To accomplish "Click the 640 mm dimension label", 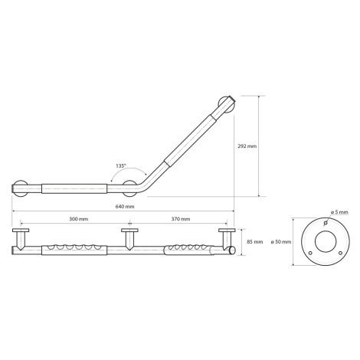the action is pyautogui.click(x=125, y=207).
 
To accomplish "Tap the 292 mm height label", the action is pyautogui.click(x=247, y=146).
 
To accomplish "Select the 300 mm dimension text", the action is pyautogui.click(x=79, y=219).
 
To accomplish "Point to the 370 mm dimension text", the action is pyautogui.click(x=181, y=219).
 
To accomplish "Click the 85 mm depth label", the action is pyautogui.click(x=255, y=242).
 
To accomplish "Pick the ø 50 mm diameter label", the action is pyautogui.click(x=281, y=242).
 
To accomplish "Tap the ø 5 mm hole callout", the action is pyautogui.click(x=339, y=212).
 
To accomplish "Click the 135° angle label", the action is pyautogui.click(x=121, y=165).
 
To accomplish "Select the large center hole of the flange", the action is pyautogui.click(x=326, y=242).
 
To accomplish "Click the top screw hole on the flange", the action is pyautogui.click(x=326, y=223).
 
